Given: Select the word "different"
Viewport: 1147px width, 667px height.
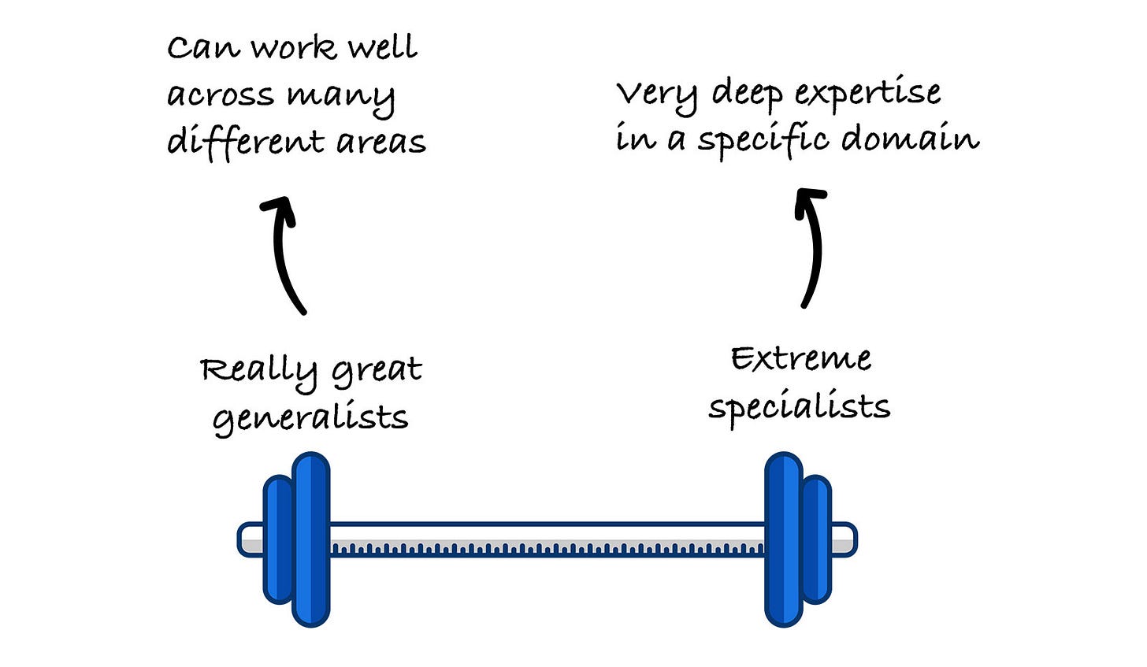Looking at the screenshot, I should coord(244,141).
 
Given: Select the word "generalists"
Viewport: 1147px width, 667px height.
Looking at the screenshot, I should coord(310,418).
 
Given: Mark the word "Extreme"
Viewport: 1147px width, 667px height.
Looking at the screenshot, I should coord(800,359).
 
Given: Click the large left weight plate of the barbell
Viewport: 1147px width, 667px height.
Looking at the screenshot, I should coord(310,539).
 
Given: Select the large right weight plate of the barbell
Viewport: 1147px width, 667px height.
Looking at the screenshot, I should coord(783,539).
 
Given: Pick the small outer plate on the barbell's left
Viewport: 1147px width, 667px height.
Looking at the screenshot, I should coord(277,539).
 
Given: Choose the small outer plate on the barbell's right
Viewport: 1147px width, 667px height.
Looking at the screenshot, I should coord(817,539).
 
